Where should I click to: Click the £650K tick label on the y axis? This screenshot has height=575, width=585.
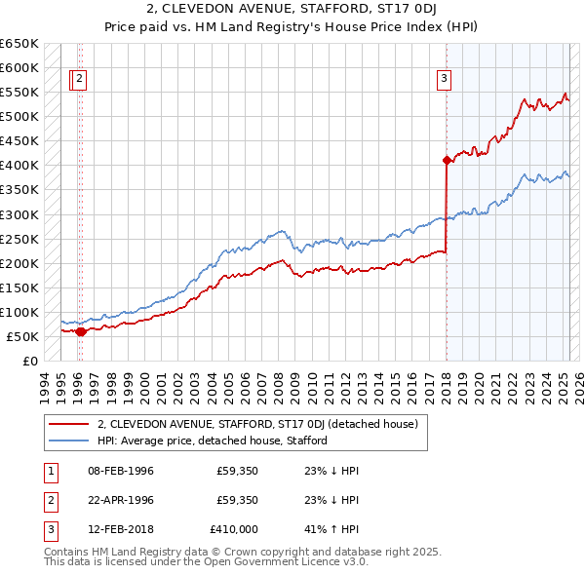pyautogui.click(x=19, y=44)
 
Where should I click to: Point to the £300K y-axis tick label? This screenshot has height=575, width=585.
pyautogui.click(x=19, y=214)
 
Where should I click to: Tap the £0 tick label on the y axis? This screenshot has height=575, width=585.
pyautogui.click(x=30, y=362)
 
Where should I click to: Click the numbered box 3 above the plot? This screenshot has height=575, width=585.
pyautogui.click(x=444, y=80)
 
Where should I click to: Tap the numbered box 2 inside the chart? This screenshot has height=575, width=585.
pyautogui.click(x=79, y=80)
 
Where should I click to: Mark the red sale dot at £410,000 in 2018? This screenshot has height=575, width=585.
pyautogui.click(x=447, y=160)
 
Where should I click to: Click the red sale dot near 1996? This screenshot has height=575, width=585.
pyautogui.click(x=80, y=331)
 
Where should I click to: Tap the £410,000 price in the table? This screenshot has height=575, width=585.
pyautogui.click(x=233, y=529)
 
